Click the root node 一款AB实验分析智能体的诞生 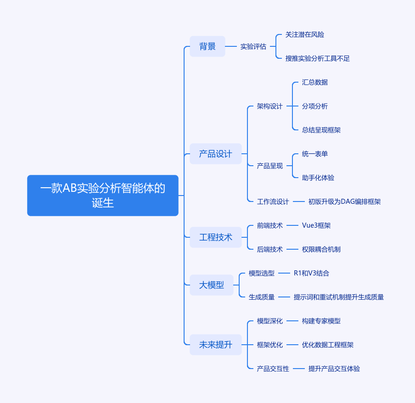(102, 195)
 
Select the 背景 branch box (207, 46)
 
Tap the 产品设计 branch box (215, 154)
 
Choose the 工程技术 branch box (215, 237)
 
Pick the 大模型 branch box (212, 285)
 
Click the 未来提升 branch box (215, 345)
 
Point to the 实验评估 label (253, 46)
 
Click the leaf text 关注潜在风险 (305, 34)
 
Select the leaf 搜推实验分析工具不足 (318, 58)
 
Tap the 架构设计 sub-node (270, 106)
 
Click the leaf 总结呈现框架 (321, 130)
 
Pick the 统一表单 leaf (315, 154)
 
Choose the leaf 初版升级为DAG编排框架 (344, 201)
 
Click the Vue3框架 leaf (316, 225)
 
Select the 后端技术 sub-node (270, 249)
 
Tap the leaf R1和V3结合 (311, 273)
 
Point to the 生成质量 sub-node (262, 297)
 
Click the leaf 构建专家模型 (321, 321)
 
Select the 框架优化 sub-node (270, 345)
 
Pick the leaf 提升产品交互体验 (334, 369)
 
